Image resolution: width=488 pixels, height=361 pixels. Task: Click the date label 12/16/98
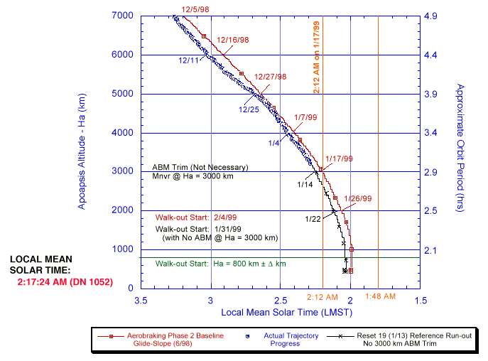[232, 40]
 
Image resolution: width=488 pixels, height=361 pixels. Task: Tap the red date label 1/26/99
[358, 198]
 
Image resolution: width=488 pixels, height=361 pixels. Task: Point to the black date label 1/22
[313, 218]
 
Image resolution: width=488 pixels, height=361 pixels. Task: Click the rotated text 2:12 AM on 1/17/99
[317, 53]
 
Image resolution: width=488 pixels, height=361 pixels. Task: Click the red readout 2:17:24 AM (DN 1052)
[61, 281]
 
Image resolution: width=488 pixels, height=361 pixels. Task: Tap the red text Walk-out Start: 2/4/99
[181, 217]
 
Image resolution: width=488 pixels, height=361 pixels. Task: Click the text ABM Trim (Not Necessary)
[200, 167]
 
